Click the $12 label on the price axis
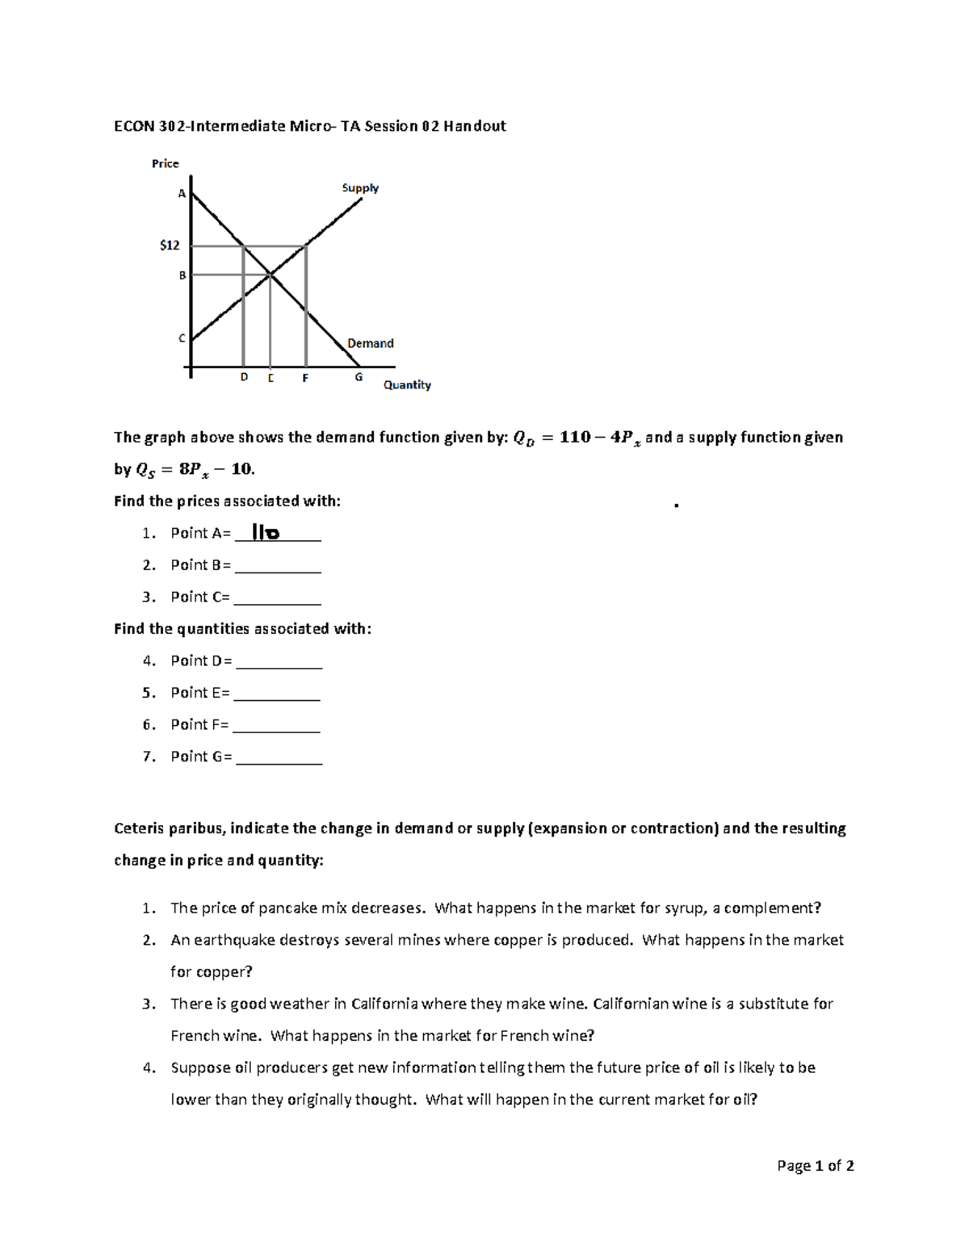(170, 245)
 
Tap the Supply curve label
(360, 188)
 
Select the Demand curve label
(371, 343)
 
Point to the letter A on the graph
(182, 194)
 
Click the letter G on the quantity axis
(359, 377)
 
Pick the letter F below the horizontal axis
(305, 378)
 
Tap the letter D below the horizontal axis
(244, 378)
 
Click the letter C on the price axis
(182, 338)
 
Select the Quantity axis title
(407, 385)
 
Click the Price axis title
(166, 164)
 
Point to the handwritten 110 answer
(266, 533)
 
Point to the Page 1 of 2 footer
(815, 1166)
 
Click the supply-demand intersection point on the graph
(271, 275)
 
